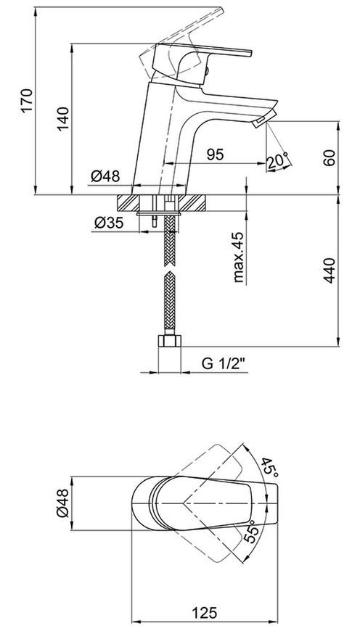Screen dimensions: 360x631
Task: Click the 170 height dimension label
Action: tap(27, 101)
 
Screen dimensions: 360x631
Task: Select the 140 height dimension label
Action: tap(63, 119)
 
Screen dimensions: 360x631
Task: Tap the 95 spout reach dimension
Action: tap(215, 154)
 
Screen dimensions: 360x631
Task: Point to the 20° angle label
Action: tap(278, 160)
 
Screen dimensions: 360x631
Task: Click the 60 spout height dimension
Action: tap(330, 158)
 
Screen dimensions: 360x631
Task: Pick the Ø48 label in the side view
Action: tap(105, 176)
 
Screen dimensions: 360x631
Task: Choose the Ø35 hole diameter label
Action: tap(109, 223)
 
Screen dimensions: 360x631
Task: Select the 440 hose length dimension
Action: tap(330, 271)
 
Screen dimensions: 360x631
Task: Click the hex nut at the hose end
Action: tap(170, 340)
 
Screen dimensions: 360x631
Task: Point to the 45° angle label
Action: tap(269, 468)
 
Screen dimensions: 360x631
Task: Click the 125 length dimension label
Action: tap(204, 613)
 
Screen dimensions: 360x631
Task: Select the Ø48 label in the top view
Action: tap(63, 503)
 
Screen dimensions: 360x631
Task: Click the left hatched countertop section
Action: tap(128, 203)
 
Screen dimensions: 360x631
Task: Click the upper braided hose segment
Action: tap(170, 241)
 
